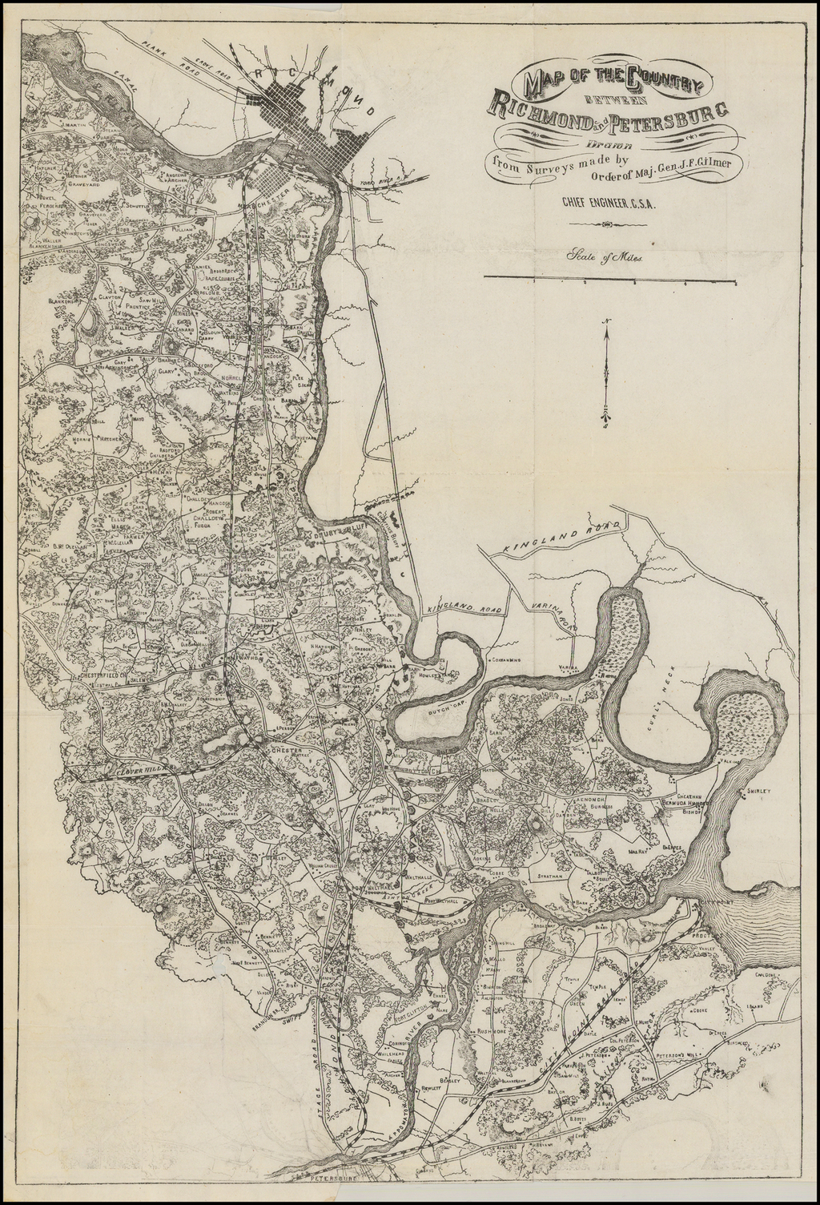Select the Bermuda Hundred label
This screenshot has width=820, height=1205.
click(685, 802)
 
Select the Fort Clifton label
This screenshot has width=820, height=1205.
click(405, 997)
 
